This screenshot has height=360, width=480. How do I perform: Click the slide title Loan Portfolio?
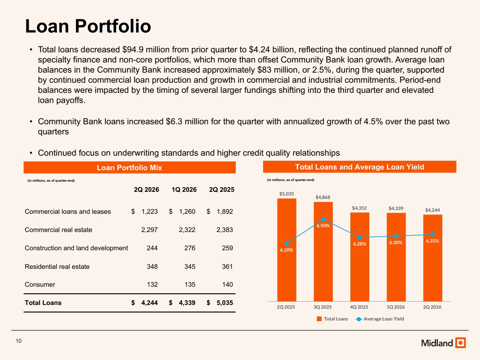[x=88, y=26]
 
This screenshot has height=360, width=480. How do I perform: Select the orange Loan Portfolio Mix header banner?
[x=129, y=168]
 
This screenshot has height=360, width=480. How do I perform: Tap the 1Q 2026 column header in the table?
[x=184, y=189]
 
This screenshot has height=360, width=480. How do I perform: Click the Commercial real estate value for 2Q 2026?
[x=149, y=230]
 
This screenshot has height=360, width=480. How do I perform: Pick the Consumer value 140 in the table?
[x=227, y=284]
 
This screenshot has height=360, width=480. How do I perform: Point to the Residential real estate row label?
[x=57, y=266]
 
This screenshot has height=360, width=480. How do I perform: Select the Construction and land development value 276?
[x=190, y=248]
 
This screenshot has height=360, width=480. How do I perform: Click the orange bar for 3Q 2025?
[x=323, y=251]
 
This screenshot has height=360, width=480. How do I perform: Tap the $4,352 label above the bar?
[x=359, y=208]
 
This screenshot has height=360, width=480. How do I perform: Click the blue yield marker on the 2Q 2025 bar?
[x=287, y=243]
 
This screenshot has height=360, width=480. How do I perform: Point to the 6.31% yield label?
[x=432, y=241]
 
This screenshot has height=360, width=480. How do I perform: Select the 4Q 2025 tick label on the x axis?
[x=359, y=307]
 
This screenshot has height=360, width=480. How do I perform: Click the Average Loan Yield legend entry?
[x=380, y=319]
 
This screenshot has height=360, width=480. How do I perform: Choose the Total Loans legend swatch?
[x=319, y=319]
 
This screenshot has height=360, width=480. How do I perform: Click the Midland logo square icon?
[x=460, y=342]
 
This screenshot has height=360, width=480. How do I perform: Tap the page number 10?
[x=19, y=341]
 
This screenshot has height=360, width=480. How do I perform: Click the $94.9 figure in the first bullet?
[x=133, y=50]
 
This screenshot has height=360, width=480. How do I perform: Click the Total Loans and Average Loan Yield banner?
[x=359, y=167]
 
